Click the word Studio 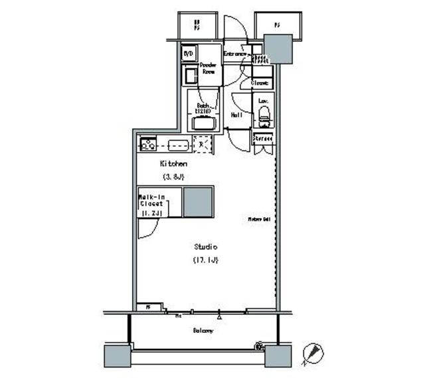pos(205,246)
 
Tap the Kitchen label pos(173,163)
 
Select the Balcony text pos(203,330)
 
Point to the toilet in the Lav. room pos(264,117)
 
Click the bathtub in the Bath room pos(204,122)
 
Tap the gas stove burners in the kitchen pos(147,143)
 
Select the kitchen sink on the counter pos(177,144)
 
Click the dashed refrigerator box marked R pos(202,143)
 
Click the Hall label pos(236,115)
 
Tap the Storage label pos(263,139)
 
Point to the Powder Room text pos(209,68)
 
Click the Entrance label pos(235,54)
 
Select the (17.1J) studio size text pos(205,259)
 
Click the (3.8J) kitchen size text pos(173,177)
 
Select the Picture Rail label pos(258,219)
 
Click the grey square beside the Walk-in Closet pos(198,201)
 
